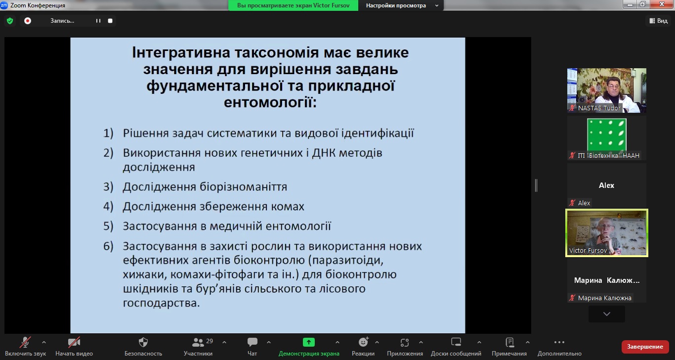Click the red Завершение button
(x=645, y=347)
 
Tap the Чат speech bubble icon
(x=252, y=342)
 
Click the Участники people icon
(x=198, y=342)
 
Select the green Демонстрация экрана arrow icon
(x=308, y=342)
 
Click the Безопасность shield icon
(x=143, y=342)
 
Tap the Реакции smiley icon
(x=363, y=342)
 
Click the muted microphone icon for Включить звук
(x=25, y=342)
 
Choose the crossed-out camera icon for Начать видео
(x=74, y=342)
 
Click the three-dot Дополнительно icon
(x=559, y=342)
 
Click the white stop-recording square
(x=110, y=21)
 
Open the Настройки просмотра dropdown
(x=402, y=5)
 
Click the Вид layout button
(x=659, y=21)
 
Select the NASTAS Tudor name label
(x=599, y=108)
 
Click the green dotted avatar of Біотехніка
(x=607, y=135)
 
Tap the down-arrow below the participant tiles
(x=607, y=314)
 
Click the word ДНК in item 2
(x=324, y=153)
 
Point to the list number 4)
(x=108, y=207)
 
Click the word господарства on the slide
(x=161, y=303)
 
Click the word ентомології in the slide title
(x=270, y=102)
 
